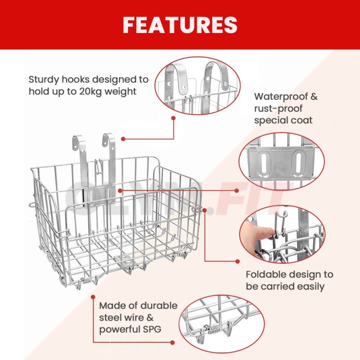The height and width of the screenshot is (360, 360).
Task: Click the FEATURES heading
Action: pyautogui.click(x=180, y=25)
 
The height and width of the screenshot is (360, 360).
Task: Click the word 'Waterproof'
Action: pyautogui.click(x=281, y=97)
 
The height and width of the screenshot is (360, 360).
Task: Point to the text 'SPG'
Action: pyautogui.click(x=152, y=330)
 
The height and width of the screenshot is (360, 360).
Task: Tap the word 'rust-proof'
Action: pyautogui.click(x=278, y=109)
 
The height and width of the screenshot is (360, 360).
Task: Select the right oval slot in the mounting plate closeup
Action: pyautogui.click(x=298, y=163)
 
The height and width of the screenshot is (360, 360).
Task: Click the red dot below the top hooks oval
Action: pyautogui.click(x=173, y=118)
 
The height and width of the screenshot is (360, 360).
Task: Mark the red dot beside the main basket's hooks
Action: pyautogui.click(x=123, y=139)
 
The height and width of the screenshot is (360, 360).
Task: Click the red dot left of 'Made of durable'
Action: pyautogui.click(x=93, y=297)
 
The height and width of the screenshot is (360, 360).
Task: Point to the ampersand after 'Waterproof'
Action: pyautogui.click(x=314, y=97)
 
